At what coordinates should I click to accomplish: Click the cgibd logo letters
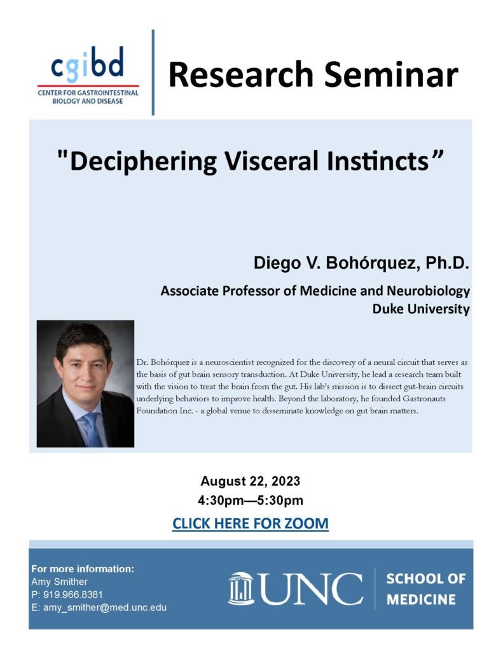point(88,64)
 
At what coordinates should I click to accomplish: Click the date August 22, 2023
point(251,480)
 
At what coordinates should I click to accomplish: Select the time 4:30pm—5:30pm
point(251,501)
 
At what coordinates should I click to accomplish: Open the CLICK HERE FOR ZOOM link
point(251,524)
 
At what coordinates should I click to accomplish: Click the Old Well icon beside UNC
point(241,589)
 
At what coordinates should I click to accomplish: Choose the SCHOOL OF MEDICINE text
point(425,589)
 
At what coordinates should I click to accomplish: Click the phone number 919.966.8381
point(67,594)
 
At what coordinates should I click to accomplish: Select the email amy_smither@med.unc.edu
point(104,607)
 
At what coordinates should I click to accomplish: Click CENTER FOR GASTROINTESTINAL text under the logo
point(88,93)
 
